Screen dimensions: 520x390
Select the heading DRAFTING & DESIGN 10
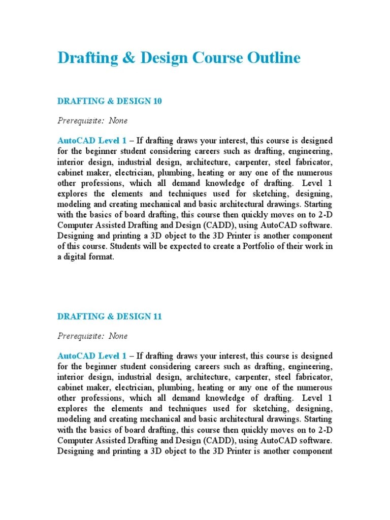click(x=109, y=101)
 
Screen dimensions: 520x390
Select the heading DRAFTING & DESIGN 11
click(x=109, y=316)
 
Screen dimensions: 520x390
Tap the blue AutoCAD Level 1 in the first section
click(x=92, y=140)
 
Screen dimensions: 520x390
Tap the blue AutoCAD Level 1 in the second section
click(x=92, y=356)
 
